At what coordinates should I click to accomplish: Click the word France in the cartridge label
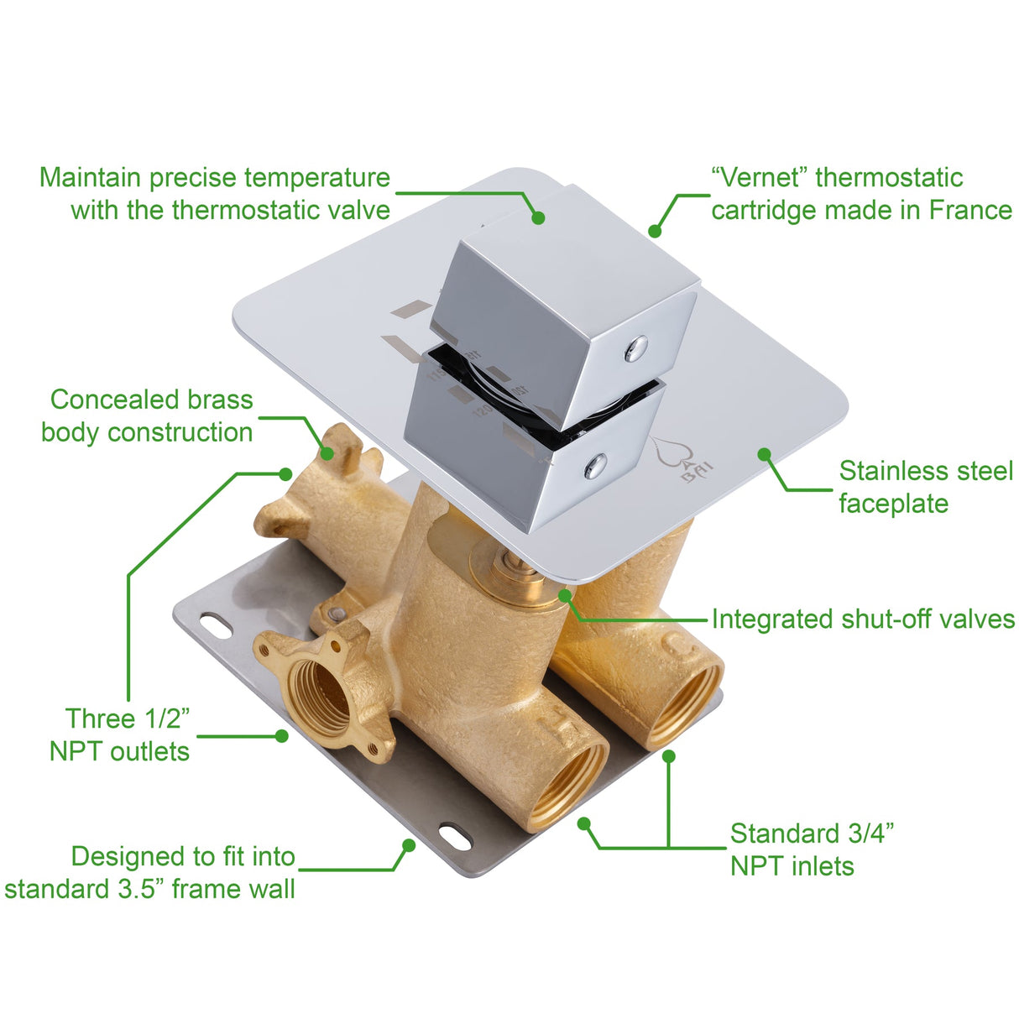pos(969,210)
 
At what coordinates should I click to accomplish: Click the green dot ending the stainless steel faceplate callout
pos(764,454)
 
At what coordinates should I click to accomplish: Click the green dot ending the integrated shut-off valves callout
pos(565,595)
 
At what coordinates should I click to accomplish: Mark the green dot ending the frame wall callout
pos(409,844)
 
